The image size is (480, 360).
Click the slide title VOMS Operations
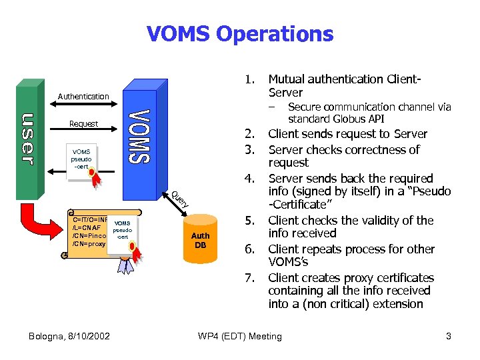point(240,33)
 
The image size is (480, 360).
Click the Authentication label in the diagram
point(83,97)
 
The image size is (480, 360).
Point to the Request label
point(83,123)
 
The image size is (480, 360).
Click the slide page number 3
point(449,336)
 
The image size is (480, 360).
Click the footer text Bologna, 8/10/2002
point(70,336)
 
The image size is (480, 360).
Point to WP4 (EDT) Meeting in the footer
point(240,336)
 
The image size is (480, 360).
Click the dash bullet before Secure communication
point(272,107)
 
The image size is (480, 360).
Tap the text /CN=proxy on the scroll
point(89,244)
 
